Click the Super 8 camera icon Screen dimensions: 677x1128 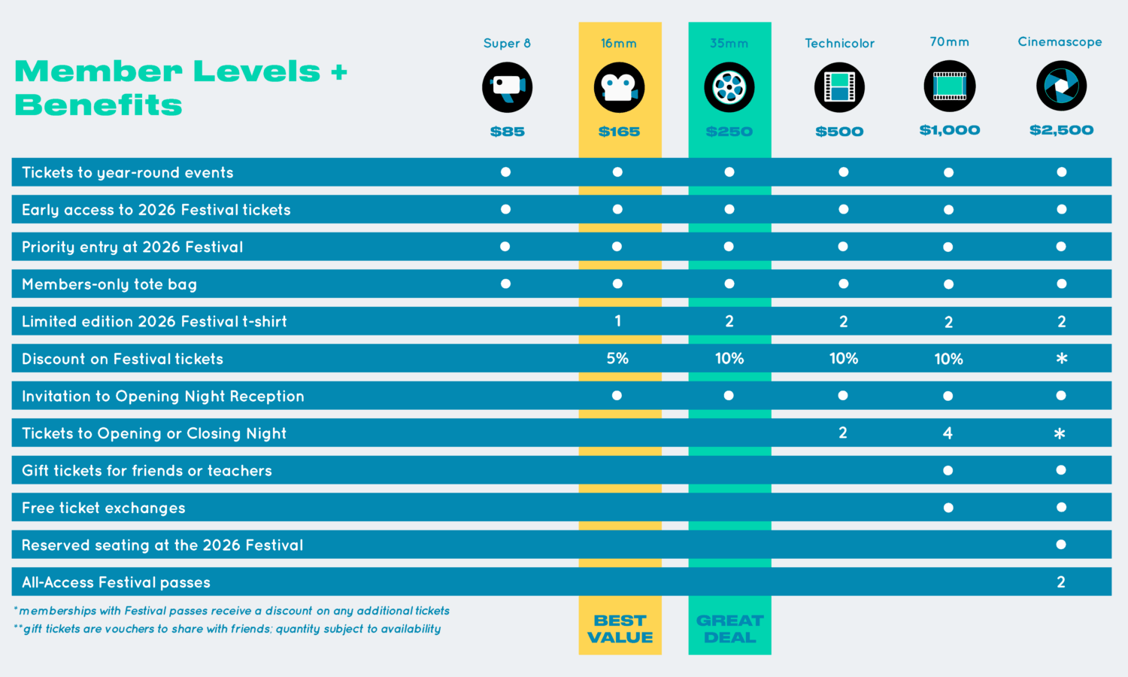[507, 87]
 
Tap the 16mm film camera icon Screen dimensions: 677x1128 [619, 87]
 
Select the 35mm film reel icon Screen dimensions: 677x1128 [729, 87]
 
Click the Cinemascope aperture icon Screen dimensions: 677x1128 [1061, 87]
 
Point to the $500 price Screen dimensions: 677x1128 [839, 132]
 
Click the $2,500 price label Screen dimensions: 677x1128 [1061, 130]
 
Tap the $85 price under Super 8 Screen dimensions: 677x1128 [507, 132]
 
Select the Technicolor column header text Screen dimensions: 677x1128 [839, 44]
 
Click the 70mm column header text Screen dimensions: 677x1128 [949, 42]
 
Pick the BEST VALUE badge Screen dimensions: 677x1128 [620, 629]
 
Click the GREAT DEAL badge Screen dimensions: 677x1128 [729, 629]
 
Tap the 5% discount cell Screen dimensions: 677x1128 [617, 359]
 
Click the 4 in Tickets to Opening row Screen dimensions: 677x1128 [948, 433]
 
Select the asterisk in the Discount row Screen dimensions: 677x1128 [1061, 359]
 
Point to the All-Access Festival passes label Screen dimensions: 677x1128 [116, 582]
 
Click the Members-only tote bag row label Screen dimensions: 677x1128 [109, 284]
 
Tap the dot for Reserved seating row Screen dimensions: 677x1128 [1061, 545]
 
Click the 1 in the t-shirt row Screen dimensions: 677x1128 [617, 321]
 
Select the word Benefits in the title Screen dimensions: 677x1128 [99, 105]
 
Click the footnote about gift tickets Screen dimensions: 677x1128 [228, 629]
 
